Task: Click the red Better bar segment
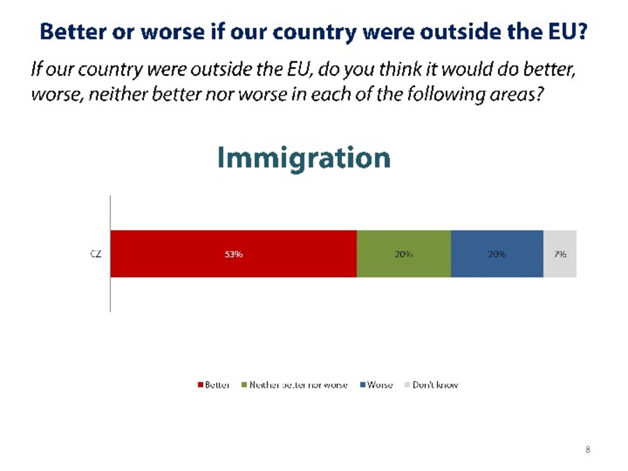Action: click(x=234, y=253)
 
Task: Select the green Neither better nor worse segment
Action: click(x=404, y=253)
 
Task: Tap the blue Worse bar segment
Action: click(x=497, y=253)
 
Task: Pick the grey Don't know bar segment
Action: click(x=560, y=253)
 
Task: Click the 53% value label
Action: click(x=234, y=254)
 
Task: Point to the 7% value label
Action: click(x=560, y=254)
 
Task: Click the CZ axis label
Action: click(x=96, y=254)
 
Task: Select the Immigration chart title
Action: click(x=304, y=158)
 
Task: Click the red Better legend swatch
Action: click(x=200, y=385)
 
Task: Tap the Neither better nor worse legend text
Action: click(x=299, y=385)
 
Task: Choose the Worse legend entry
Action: click(x=377, y=385)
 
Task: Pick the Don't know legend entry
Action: click(x=431, y=385)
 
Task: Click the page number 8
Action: click(x=588, y=449)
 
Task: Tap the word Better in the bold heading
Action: click(x=73, y=31)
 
